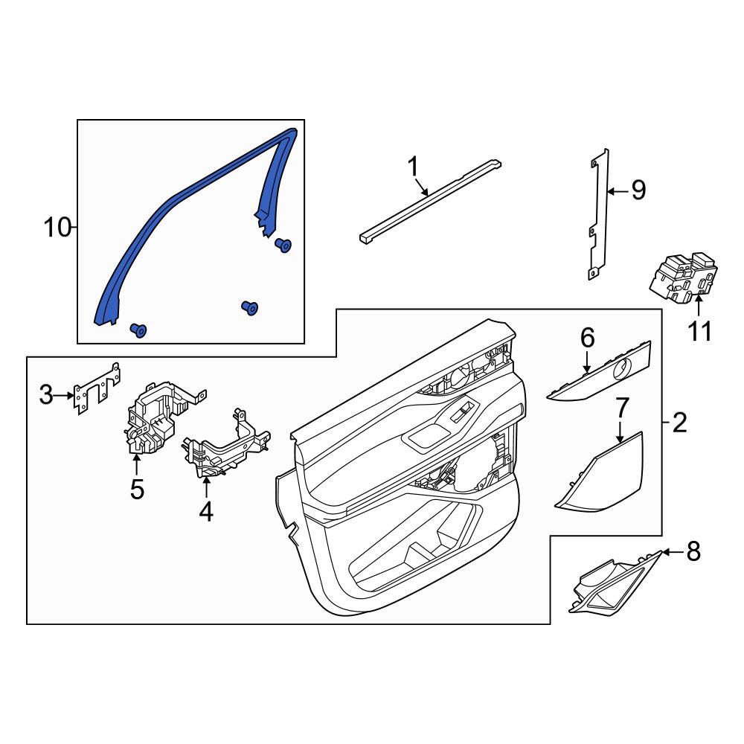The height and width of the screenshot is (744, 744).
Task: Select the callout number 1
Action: click(413, 167)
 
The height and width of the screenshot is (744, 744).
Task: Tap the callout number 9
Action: click(638, 190)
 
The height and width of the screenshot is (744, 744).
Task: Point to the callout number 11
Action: click(700, 331)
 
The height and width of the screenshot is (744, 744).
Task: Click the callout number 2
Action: click(679, 422)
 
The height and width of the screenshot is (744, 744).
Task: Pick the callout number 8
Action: click(693, 552)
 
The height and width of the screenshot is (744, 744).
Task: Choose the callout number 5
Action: click(137, 490)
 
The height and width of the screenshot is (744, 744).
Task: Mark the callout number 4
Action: click(206, 512)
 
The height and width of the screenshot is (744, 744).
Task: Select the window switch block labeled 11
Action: click(683, 278)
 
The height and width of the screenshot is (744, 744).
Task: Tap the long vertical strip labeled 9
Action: click(598, 214)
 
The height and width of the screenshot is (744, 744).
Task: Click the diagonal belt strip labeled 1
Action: click(430, 202)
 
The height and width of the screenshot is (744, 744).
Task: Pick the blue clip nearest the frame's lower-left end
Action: click(138, 330)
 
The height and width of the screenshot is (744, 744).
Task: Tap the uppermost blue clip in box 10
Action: click(283, 245)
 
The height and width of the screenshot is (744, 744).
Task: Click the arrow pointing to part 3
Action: click(63, 394)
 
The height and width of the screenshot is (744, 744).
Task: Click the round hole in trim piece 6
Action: click(622, 368)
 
